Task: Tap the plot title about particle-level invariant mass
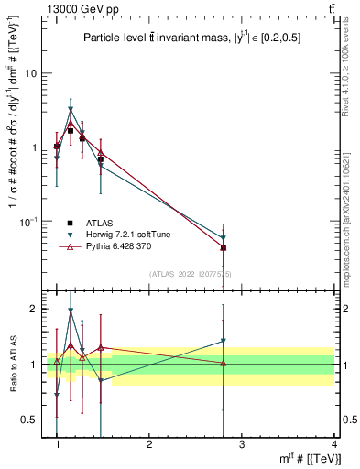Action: [x=192, y=38]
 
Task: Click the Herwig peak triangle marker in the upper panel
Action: [x=71, y=110]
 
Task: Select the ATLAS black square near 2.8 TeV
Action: [x=224, y=247]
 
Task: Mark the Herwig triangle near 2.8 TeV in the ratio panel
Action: [x=224, y=342]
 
